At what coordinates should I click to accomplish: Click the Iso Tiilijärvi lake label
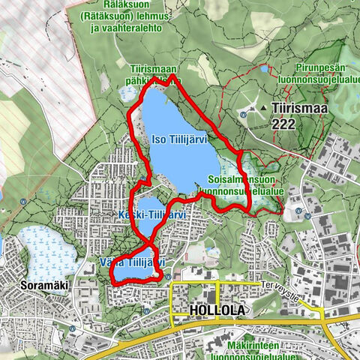click(x=179, y=139)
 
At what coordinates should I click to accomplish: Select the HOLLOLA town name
click(x=217, y=310)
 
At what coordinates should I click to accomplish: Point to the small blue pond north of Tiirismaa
click(x=263, y=69)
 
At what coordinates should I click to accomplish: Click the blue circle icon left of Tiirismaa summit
click(x=244, y=114)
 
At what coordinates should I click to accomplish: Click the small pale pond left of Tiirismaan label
click(x=125, y=92)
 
